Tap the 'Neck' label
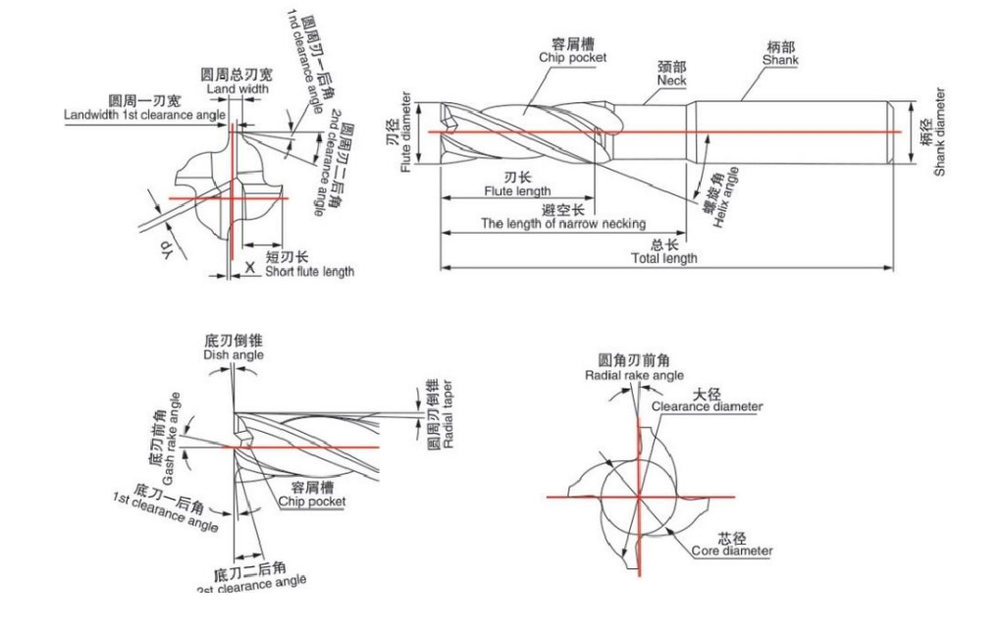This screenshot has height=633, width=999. coord(671,80)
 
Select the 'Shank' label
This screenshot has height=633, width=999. coord(780,60)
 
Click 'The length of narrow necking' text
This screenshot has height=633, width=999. coord(562,224)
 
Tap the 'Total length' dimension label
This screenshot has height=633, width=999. coord(665,258)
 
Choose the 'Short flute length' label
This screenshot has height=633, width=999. coord(309,271)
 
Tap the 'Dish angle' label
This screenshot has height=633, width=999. coord(233,354)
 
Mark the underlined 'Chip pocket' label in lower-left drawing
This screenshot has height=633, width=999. coord(312,501)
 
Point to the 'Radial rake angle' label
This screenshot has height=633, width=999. coord(634,375)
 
